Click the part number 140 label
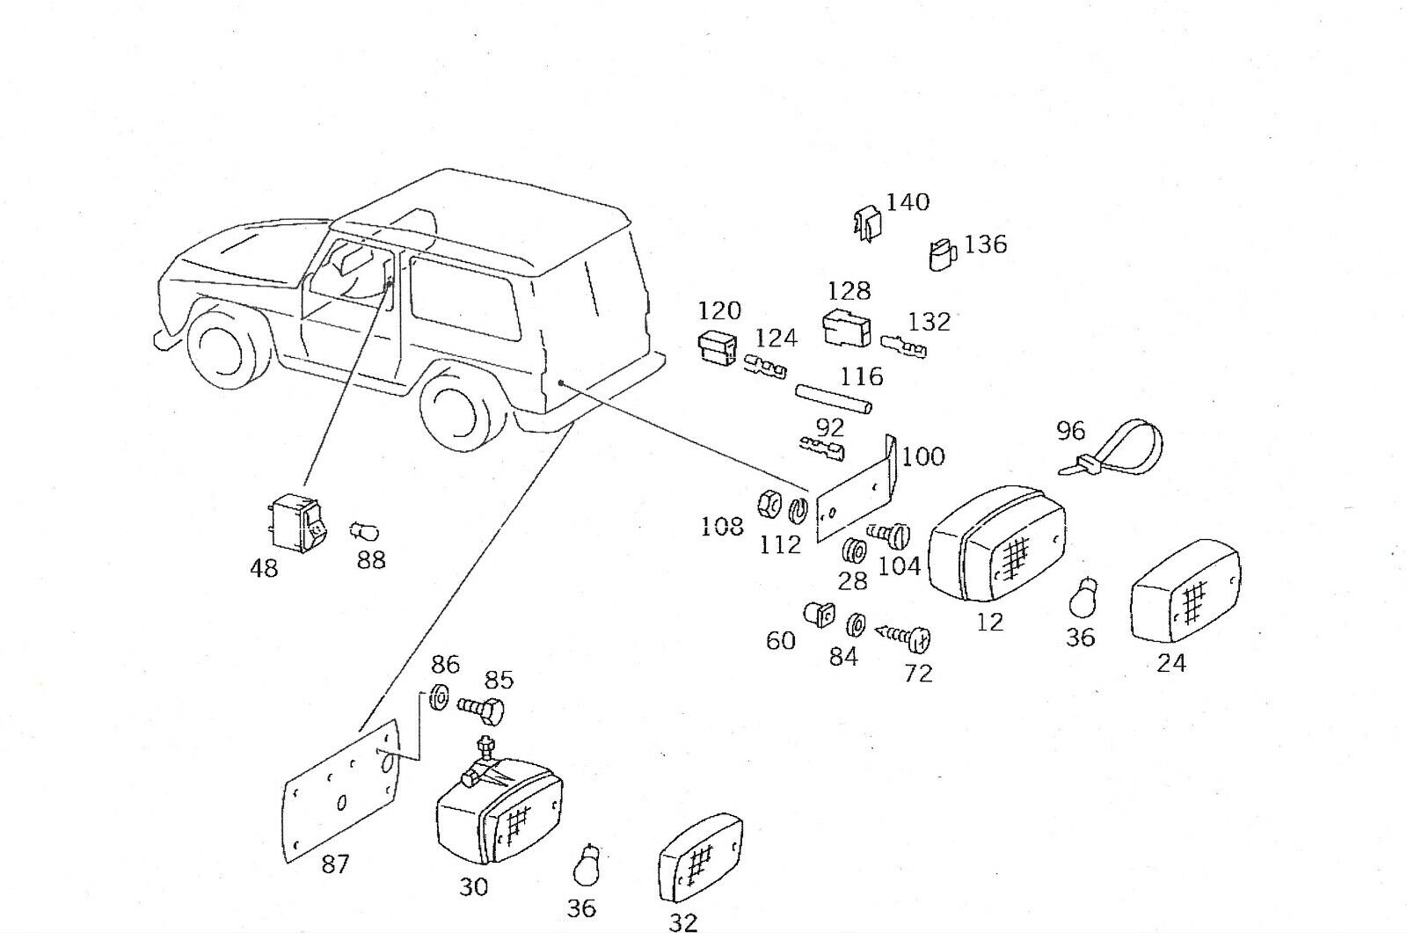pyautogui.click(x=908, y=202)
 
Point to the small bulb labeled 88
pyautogui.click(x=365, y=529)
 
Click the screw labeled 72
pyautogui.click(x=907, y=637)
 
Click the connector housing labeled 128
pyautogui.click(x=847, y=328)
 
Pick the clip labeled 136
pyautogui.click(x=942, y=254)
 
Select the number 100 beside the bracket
pyautogui.click(x=922, y=456)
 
